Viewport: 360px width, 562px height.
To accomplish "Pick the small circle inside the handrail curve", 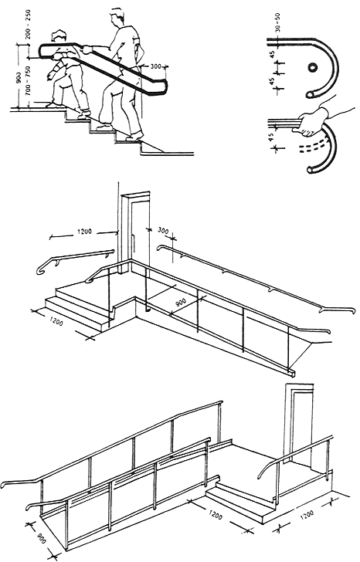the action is [x=312, y=66].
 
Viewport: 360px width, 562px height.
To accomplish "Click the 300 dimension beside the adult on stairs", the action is [x=155, y=66].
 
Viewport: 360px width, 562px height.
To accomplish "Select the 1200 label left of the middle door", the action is [x=85, y=232].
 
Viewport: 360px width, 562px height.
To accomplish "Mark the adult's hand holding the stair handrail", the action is [x=87, y=49].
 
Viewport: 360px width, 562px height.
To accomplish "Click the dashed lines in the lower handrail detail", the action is [x=313, y=147].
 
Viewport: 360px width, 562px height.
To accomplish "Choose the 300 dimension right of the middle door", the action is [x=163, y=231].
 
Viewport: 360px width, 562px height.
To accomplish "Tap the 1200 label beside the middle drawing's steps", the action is [x=55, y=321].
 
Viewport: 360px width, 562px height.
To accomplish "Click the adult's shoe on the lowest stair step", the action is [x=134, y=136].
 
